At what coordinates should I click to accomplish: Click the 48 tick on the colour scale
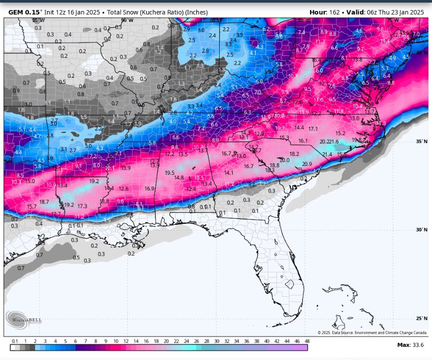point(307,341)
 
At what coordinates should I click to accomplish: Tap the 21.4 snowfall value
point(327,154)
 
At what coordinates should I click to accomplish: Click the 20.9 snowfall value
point(307,164)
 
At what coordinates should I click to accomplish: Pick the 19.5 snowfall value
point(170,173)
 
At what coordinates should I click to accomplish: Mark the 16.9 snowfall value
point(150,188)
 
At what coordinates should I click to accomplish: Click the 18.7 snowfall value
point(44,201)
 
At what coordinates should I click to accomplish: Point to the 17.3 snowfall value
point(82,206)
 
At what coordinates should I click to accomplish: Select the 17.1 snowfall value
point(313,128)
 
